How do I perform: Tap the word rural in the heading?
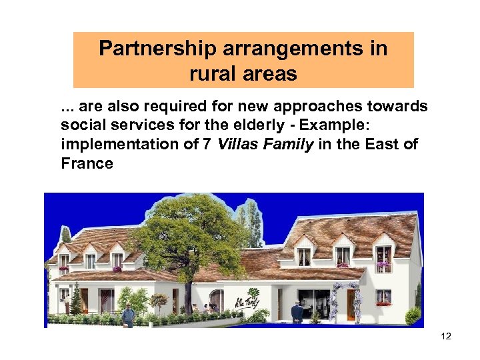pyautogui.click(x=212, y=73)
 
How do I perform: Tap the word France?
pyautogui.click(x=87, y=163)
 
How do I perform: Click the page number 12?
pyautogui.click(x=446, y=336)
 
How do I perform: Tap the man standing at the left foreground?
pyautogui.click(x=129, y=314)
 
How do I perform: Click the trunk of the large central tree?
pyautogui.click(x=189, y=293)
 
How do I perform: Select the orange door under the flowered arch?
pyautogui.click(x=351, y=303)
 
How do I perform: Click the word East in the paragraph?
pyautogui.click(x=388, y=145)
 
